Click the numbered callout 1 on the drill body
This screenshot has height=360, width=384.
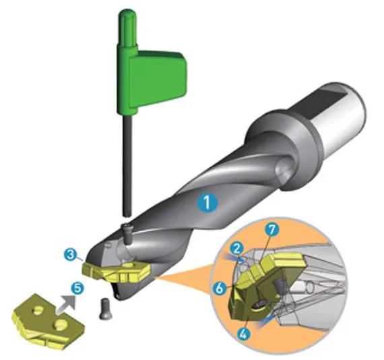[207, 203]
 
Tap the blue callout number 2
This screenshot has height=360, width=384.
[236, 249]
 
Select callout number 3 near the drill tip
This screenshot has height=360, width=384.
[71, 255]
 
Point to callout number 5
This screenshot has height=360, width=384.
[77, 289]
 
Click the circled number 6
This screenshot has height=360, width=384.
[220, 289]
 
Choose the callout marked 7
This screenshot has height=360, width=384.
[272, 229]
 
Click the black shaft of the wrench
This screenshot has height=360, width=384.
[128, 165]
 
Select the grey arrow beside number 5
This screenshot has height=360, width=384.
[67, 304]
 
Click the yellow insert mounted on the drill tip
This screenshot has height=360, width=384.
[115, 272]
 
